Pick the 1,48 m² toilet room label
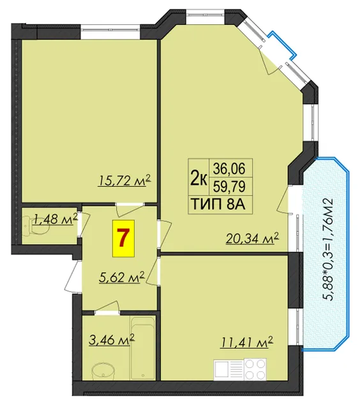coord(55,219)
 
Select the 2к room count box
coord(199,177)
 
